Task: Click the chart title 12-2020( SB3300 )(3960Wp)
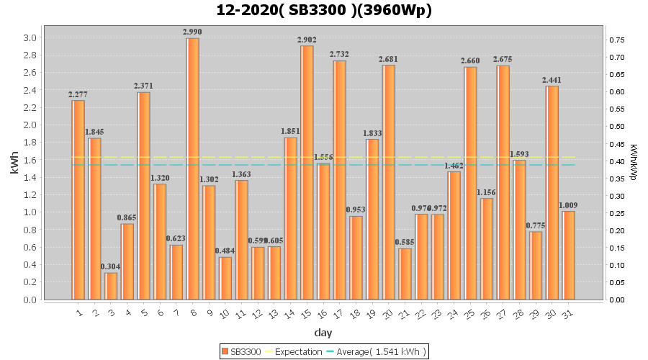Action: (x=324, y=10)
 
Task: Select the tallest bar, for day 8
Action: (x=192, y=168)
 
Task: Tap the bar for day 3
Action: (x=111, y=286)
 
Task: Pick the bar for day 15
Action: (x=307, y=172)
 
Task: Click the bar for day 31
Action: (x=569, y=255)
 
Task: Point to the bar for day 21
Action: (x=405, y=274)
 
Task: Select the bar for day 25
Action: (x=470, y=183)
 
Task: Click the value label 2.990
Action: (x=192, y=32)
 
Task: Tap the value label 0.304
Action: (x=111, y=266)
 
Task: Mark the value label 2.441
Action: (x=552, y=80)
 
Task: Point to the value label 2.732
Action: (x=339, y=54)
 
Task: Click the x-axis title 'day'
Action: (x=323, y=333)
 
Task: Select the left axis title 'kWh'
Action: (x=14, y=167)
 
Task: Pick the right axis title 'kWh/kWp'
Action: (x=634, y=161)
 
